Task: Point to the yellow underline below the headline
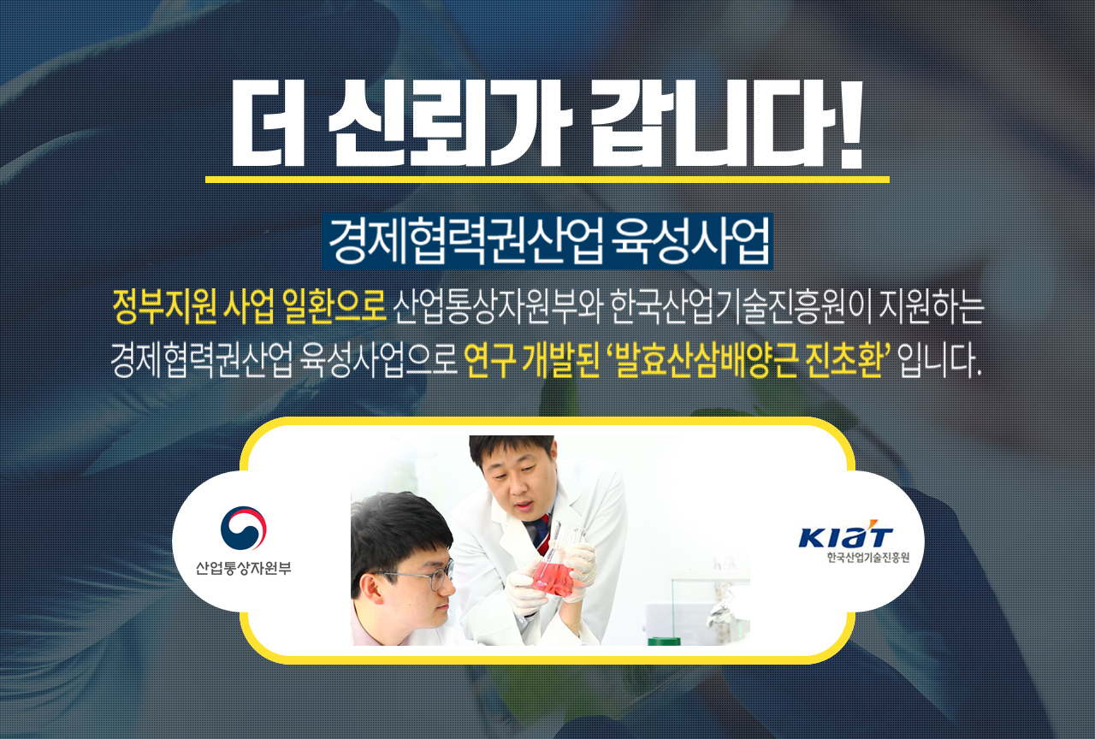tap(547, 179)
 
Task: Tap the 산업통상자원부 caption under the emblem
tap(243, 568)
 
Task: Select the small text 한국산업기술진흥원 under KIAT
tap(867, 558)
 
